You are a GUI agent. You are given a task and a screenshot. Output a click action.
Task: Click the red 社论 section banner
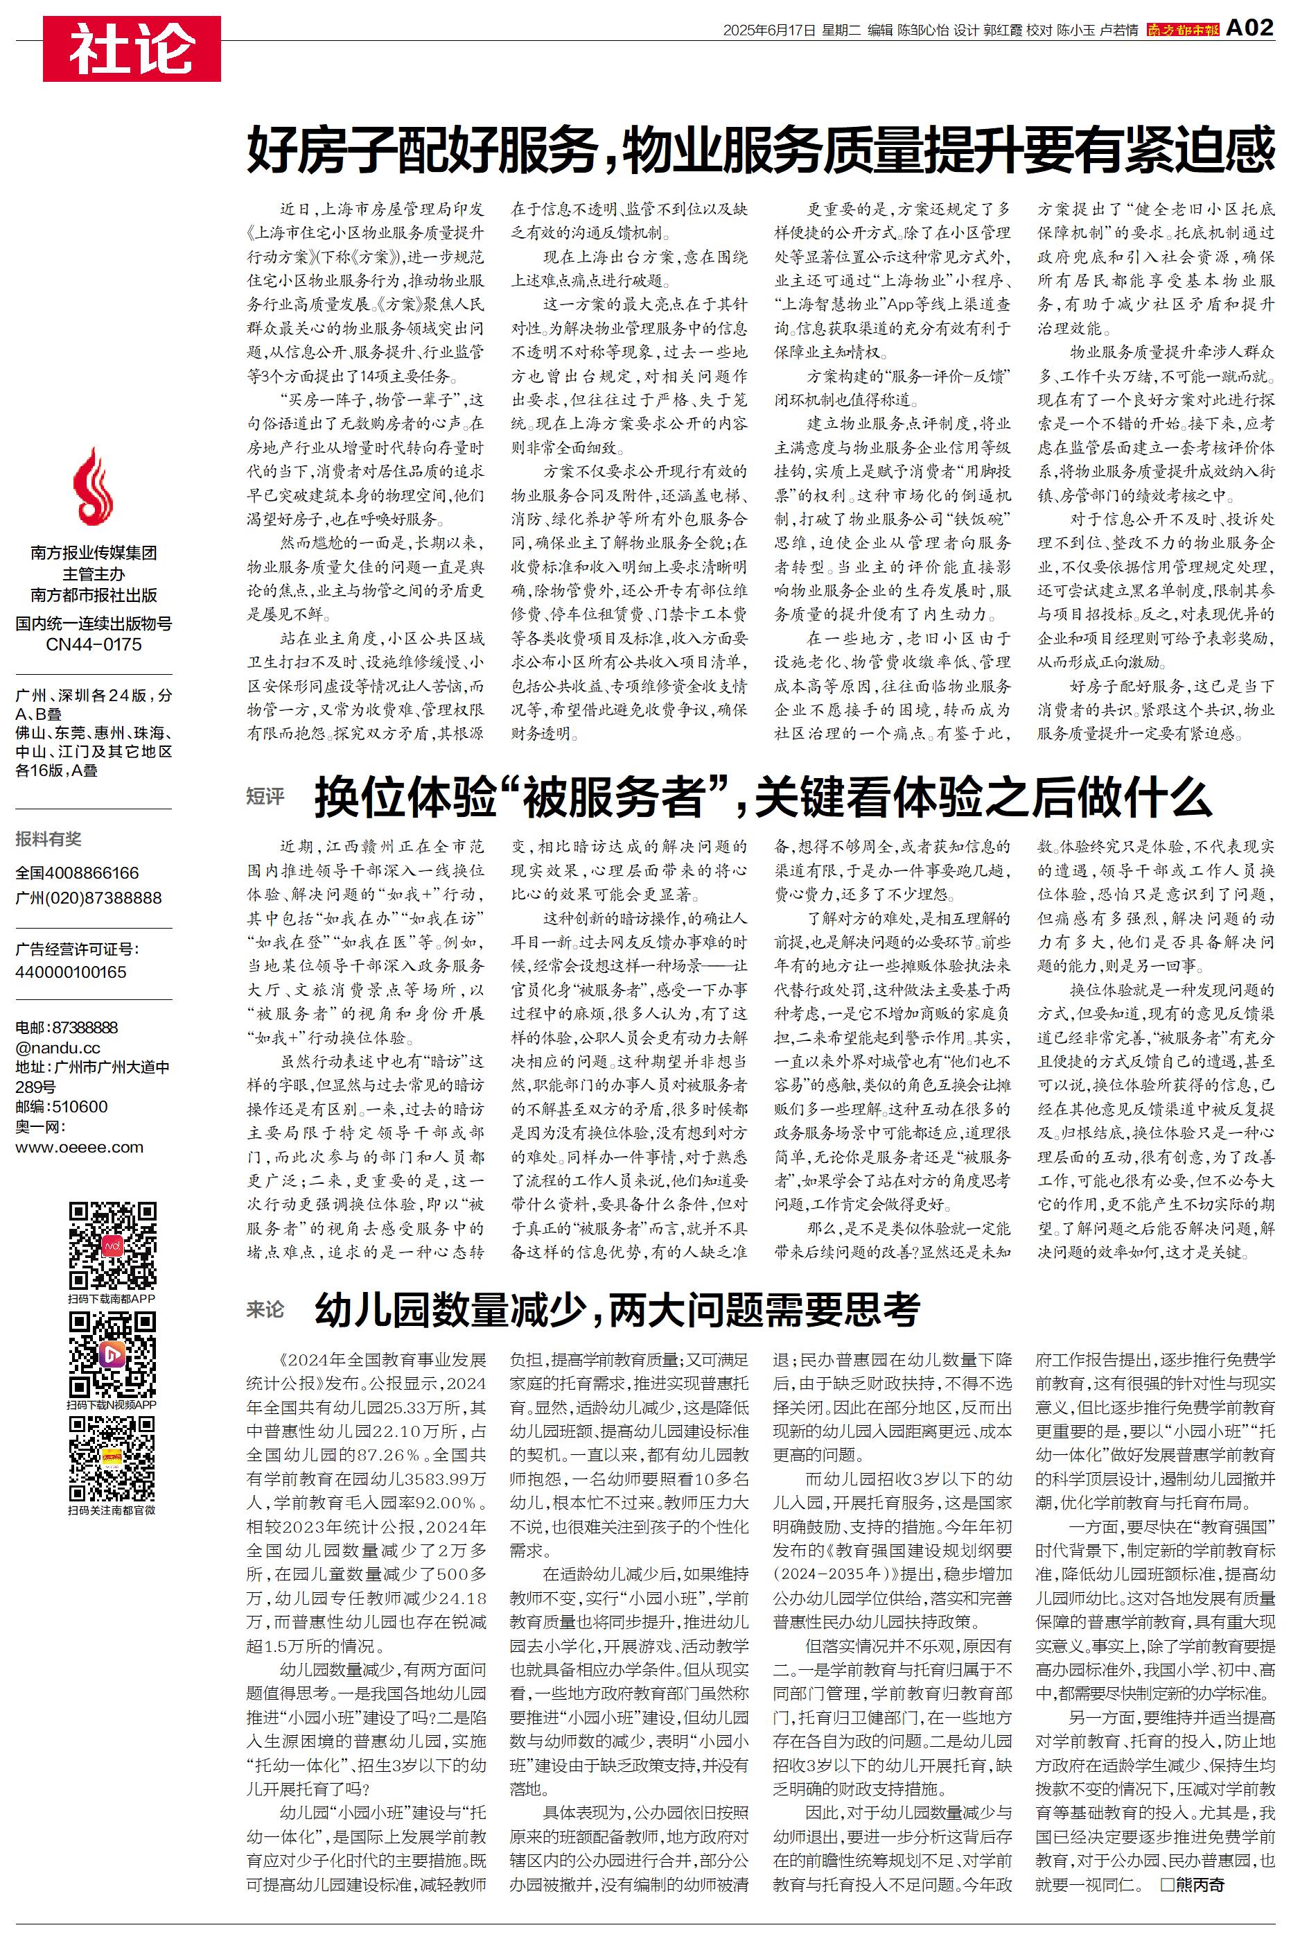pos(132,49)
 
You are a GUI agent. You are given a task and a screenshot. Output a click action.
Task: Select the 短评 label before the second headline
pos(265,797)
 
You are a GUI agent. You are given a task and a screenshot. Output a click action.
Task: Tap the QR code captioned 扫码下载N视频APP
pos(112,1355)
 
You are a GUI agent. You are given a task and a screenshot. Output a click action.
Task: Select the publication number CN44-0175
pos(93,644)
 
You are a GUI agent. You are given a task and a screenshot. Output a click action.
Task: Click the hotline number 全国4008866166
pos(78,873)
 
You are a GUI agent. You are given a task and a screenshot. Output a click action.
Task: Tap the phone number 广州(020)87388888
pos(89,898)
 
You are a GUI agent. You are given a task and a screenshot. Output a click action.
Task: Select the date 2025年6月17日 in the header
pos(769,31)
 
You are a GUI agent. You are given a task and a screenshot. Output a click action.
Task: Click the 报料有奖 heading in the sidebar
pos(49,839)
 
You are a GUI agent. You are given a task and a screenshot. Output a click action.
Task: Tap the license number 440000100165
pos(71,972)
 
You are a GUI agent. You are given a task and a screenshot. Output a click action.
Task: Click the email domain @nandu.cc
pos(58,1048)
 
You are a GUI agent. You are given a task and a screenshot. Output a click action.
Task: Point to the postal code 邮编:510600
pos(61,1106)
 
